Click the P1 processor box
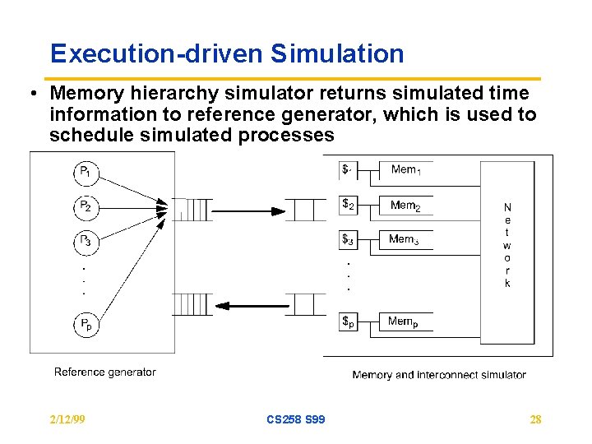(86, 173)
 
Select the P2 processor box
(86, 207)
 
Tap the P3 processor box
(86, 242)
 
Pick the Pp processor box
(86, 324)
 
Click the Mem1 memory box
(405, 170)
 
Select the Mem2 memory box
(405, 206)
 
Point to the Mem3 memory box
(405, 240)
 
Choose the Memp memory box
(405, 322)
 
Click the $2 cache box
(349, 205)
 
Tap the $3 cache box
(349, 240)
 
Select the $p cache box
(349, 322)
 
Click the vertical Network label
(507, 245)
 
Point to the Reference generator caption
(104, 372)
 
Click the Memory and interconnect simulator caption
(439, 375)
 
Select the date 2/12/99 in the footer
(67, 419)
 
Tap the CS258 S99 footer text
(295, 419)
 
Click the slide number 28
(535, 419)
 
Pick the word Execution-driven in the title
(155, 54)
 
